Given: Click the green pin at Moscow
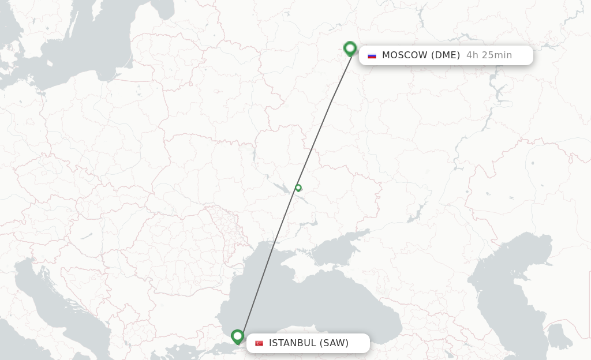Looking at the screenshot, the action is pyautogui.click(x=350, y=48).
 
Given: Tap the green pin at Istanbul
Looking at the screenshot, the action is pyautogui.click(x=237, y=336).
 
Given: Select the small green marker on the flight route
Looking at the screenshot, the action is pyautogui.click(x=298, y=187).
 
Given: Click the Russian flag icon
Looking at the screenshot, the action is pyautogui.click(x=372, y=55).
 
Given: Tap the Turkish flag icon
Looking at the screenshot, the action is pyautogui.click(x=259, y=343).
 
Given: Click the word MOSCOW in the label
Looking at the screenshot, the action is pyautogui.click(x=405, y=55).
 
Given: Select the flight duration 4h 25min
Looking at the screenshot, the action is pyautogui.click(x=489, y=55).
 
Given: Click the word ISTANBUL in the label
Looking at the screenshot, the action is pyautogui.click(x=292, y=343).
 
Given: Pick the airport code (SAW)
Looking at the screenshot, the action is pyautogui.click(x=334, y=343).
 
